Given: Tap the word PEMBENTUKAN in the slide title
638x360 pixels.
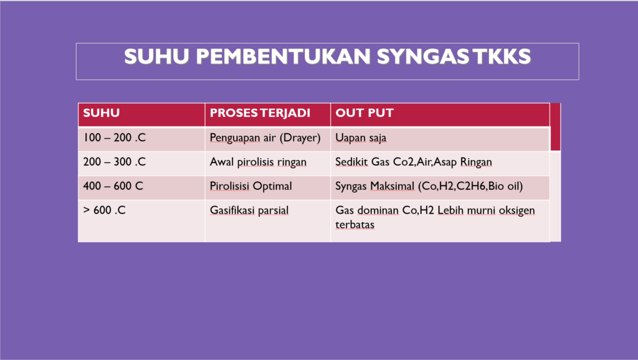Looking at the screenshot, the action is (283, 56).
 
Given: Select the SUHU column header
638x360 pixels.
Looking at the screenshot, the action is (102, 113).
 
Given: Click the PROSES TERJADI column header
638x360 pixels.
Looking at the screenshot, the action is (260, 113).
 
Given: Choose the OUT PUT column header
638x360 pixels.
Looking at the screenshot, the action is (364, 113).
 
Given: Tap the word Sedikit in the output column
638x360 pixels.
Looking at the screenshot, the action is (351, 161).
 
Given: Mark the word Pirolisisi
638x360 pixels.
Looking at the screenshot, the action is (229, 186).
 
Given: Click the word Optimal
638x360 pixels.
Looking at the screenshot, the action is (272, 186).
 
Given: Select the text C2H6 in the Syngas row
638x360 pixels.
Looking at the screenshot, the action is (471, 186).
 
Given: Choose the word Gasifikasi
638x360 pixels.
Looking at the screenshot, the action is (229, 210).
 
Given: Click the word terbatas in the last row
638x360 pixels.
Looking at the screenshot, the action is (355, 224).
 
